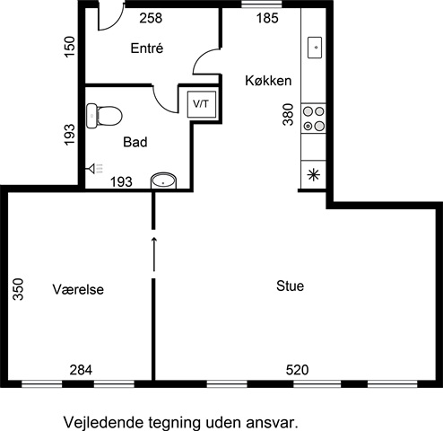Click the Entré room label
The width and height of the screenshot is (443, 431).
pos(147,48)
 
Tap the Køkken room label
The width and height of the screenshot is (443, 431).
pos(268,81)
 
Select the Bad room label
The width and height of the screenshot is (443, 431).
pos(135,142)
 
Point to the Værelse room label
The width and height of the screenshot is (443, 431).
pos(78,289)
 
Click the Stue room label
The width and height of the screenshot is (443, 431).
pos(290,286)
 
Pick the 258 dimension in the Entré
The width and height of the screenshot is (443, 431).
pos(151,18)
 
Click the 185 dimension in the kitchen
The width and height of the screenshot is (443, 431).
pos(267,18)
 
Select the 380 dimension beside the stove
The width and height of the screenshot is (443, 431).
pos(289,114)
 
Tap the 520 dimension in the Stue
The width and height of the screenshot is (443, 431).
pos(297,370)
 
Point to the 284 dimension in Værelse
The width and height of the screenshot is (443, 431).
pos(81,370)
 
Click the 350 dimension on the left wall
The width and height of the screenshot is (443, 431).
pos(18,289)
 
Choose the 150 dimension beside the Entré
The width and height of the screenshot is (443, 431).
pos(69,47)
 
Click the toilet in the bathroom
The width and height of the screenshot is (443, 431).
pos(104,116)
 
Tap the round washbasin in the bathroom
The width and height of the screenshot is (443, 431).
pos(163,180)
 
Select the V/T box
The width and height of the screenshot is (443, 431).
pos(202,104)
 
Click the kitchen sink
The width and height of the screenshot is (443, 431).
pos(315,48)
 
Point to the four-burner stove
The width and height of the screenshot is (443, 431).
pos(313,119)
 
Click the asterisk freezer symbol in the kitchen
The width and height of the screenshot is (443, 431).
pos(314,175)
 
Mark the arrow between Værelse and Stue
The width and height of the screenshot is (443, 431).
pos(154,254)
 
